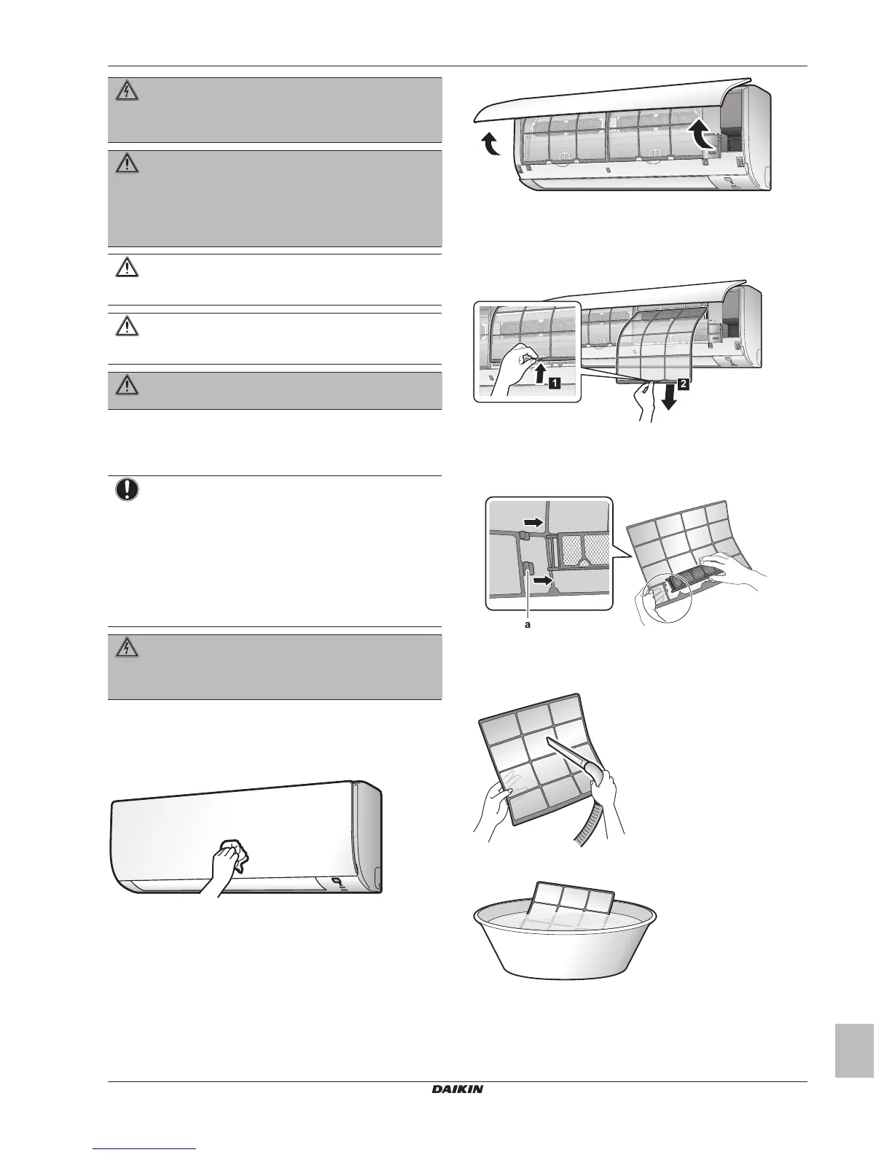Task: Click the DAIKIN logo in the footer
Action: coord(457,1090)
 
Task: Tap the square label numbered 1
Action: coord(555,382)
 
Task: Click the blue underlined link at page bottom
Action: coord(146,1148)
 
